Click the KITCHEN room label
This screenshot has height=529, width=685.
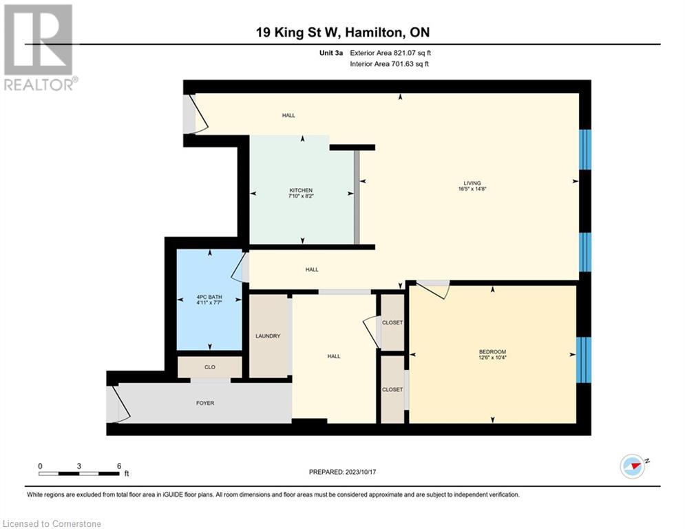[x=301, y=190]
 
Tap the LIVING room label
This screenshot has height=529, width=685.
[x=472, y=183]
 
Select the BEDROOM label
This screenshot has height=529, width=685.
[x=492, y=351]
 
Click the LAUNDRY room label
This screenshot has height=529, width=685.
[x=268, y=336]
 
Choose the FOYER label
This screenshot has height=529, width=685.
[x=205, y=403]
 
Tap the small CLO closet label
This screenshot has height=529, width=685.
[x=209, y=367]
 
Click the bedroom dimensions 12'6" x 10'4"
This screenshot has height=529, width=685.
[x=492, y=357]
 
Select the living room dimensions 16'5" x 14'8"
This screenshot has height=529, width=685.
[x=472, y=189]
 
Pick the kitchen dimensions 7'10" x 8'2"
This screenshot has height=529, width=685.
[x=301, y=196]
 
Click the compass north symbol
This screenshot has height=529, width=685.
[x=632, y=466]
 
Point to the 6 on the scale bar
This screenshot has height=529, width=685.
[x=119, y=466]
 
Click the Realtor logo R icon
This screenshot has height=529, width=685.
[x=38, y=40]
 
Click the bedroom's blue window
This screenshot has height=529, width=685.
[x=584, y=360]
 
